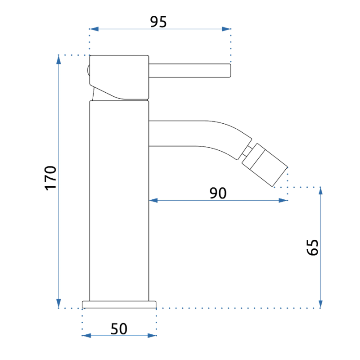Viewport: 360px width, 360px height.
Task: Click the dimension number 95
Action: (158, 22)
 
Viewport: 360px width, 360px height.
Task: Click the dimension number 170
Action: (50, 178)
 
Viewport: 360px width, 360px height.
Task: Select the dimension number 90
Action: (218, 193)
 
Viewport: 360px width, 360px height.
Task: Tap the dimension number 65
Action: (313, 247)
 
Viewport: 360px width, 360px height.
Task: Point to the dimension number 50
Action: (119, 329)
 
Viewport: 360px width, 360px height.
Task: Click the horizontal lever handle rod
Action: (189, 71)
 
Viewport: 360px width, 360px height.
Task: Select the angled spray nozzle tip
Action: (265, 165)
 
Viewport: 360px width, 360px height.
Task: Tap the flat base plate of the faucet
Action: (119, 305)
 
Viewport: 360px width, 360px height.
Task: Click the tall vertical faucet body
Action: (119, 201)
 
